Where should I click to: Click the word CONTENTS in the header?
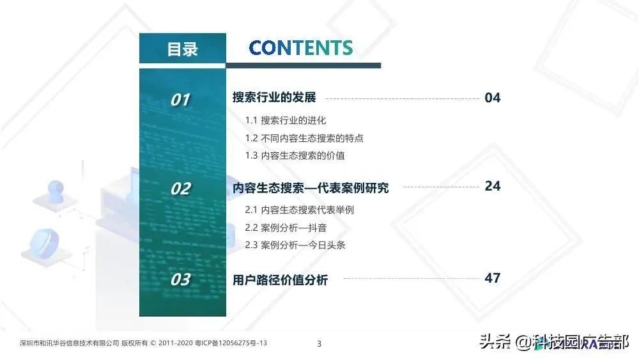tap(300, 48)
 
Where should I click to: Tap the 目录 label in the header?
tap(182, 49)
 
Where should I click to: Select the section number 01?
tap(180, 100)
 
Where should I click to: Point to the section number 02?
tap(180, 189)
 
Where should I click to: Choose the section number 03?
tap(180, 279)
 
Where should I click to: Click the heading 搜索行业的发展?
tap(274, 98)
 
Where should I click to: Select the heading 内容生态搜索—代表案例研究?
tap(311, 188)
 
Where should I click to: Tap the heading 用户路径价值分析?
tap(281, 279)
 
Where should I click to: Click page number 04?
tap(493, 98)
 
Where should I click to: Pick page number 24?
tap(493, 186)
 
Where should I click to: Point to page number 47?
tap(493, 278)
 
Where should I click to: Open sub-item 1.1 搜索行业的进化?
tap(286, 120)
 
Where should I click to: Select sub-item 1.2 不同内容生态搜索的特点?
tap(304, 138)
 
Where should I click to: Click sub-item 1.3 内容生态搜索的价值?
tap(295, 155)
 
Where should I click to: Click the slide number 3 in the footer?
tap(319, 344)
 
